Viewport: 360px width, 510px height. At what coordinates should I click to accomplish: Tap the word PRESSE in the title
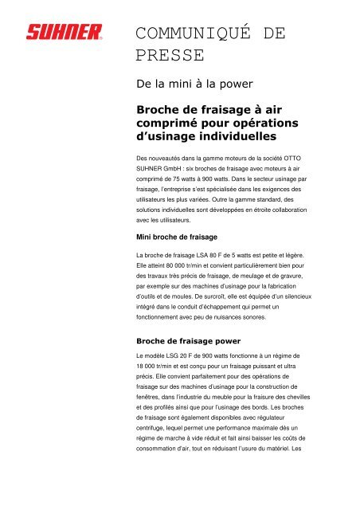tap(170, 55)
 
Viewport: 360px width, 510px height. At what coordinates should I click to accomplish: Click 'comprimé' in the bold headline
tap(169, 124)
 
